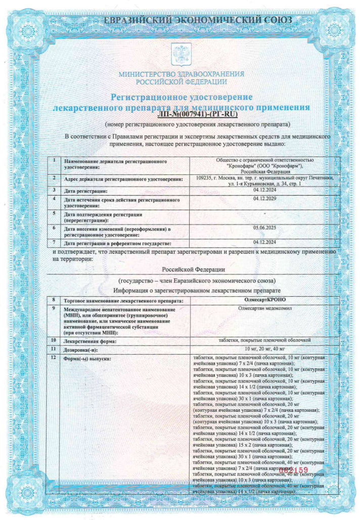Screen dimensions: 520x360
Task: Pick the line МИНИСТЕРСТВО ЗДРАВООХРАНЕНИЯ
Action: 181,74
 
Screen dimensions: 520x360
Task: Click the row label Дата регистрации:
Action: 85,191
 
